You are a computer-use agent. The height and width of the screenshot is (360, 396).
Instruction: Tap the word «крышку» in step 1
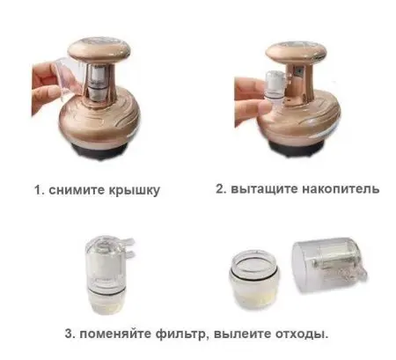135,189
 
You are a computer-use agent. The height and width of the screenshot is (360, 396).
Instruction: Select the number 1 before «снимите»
38,189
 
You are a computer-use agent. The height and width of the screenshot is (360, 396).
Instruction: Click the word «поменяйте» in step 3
120,334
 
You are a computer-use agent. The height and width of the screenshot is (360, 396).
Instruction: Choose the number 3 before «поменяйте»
70,334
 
